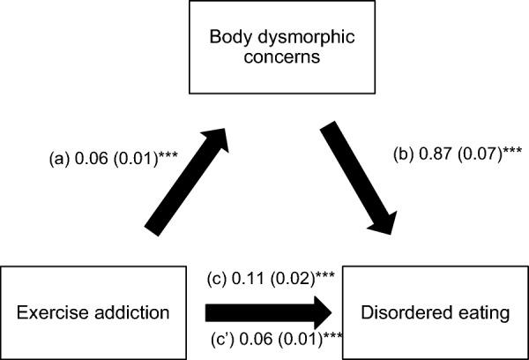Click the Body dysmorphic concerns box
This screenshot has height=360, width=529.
pyautogui.click(x=264, y=49)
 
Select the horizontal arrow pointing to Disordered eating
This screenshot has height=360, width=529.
pyautogui.click(x=270, y=311)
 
